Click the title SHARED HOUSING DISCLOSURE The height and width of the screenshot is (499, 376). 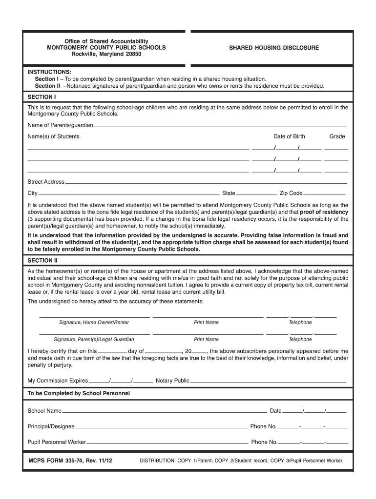[x=274, y=48]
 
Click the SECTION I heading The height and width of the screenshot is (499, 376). [x=42, y=97]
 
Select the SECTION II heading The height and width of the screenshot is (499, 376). [x=43, y=260]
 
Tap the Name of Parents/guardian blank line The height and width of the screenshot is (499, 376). [x=219, y=126]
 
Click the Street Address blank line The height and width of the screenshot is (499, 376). [x=206, y=183]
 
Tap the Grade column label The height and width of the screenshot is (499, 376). [x=337, y=136]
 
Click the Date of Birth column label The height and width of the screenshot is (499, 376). [x=289, y=136]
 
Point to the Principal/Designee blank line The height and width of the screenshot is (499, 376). [x=161, y=427]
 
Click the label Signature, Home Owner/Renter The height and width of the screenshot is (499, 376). [x=94, y=323]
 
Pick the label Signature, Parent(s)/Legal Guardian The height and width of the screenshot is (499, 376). [x=94, y=339]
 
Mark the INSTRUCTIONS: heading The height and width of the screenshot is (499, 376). [x=49, y=72]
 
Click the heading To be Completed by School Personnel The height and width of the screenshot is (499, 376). [x=79, y=393]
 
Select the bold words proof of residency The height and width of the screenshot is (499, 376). [x=324, y=212]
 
